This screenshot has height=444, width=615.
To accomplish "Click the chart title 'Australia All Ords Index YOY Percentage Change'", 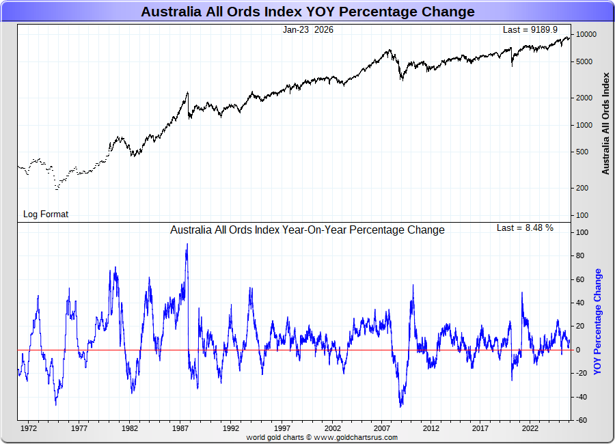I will tap(307, 12).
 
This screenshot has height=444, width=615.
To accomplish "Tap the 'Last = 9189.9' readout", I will tap(530, 29).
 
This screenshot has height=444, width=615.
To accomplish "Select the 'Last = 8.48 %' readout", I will tap(525, 227).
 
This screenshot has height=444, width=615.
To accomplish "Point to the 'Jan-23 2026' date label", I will tap(307, 29).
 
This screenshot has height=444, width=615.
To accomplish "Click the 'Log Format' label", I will tap(46, 214).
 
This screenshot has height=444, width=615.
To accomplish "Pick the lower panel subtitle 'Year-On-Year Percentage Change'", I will tap(307, 230).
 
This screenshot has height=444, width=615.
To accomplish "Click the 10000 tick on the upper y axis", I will tap(586, 34).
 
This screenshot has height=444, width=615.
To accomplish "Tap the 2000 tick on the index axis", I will tap(585, 98).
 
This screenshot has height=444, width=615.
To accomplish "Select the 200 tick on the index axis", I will tap(584, 188).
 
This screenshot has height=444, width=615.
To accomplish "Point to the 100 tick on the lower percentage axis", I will tap(583, 232).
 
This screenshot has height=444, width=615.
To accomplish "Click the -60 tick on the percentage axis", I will tap(583, 420).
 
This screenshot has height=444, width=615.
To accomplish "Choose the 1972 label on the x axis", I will tap(29, 428).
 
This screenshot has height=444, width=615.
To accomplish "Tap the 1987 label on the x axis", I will tap(181, 428).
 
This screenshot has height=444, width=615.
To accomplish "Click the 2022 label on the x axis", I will tap(530, 428).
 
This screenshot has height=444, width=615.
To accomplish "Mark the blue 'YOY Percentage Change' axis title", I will tap(598, 321).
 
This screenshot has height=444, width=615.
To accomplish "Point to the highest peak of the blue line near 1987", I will tap(187, 244).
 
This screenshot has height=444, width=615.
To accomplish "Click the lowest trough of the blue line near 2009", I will tap(401, 407).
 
